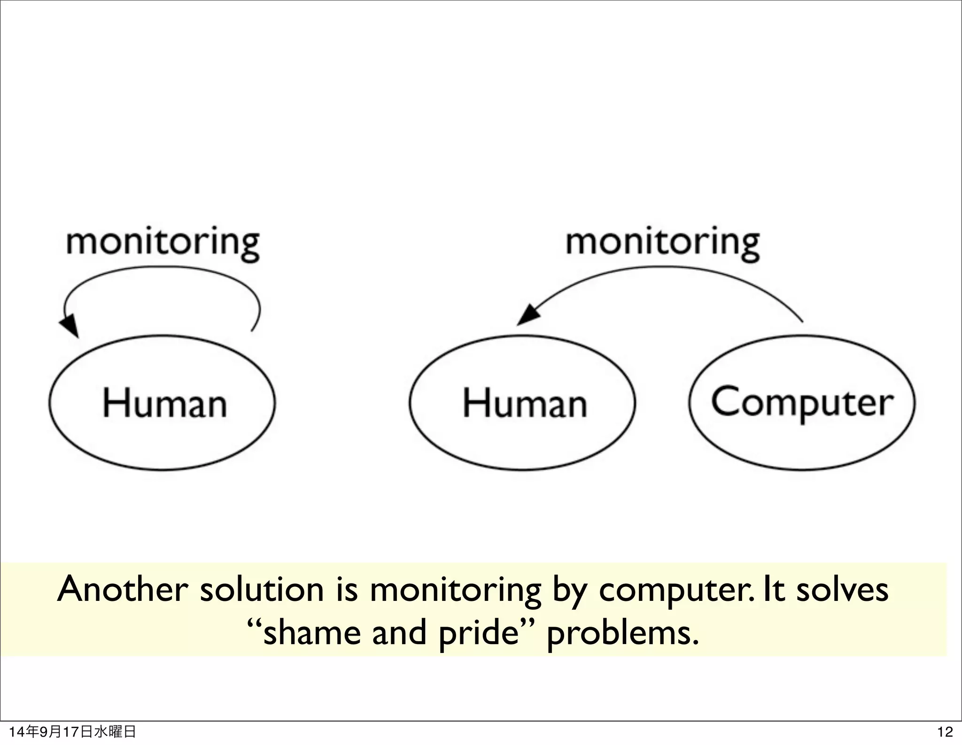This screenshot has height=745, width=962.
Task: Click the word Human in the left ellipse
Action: coord(164,403)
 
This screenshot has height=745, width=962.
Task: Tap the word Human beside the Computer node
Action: coord(525,403)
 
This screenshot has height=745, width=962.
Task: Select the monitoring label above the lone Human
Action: coord(163,243)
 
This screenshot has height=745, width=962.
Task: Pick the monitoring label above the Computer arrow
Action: coord(662,243)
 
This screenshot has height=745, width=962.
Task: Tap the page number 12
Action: coord(945,732)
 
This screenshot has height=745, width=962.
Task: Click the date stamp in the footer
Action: coord(73,732)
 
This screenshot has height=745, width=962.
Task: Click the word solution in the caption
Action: coord(262,590)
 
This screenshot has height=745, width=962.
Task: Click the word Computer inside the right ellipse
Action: coord(802,403)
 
